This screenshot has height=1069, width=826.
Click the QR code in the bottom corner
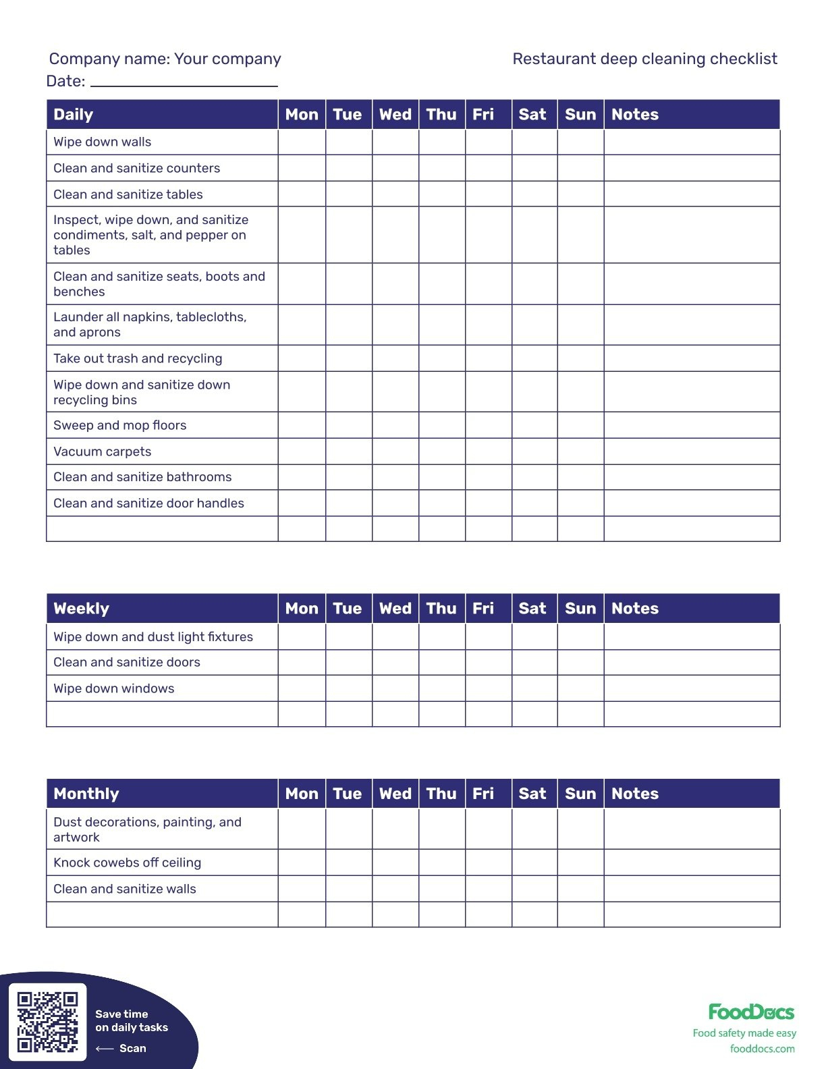click(x=48, y=1021)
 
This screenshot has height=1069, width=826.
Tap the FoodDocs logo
click(x=751, y=1012)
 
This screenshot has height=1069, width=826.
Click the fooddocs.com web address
click(x=762, y=1049)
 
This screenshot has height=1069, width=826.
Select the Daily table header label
click(x=74, y=115)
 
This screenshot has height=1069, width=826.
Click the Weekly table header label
click(x=81, y=609)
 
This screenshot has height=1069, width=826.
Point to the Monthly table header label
click(x=86, y=794)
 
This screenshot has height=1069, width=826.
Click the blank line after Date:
click(x=184, y=82)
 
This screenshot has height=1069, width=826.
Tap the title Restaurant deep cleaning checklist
click(x=644, y=59)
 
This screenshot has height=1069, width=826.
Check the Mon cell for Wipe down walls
click(x=302, y=142)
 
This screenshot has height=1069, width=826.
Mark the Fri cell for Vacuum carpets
click(x=488, y=451)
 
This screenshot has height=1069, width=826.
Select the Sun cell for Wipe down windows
click(x=580, y=688)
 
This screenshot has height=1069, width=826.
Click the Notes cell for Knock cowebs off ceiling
click(x=692, y=862)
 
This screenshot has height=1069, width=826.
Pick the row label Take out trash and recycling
click(x=138, y=358)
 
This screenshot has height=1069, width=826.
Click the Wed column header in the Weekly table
click(x=395, y=609)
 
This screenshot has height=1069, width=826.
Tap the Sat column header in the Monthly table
click(x=532, y=794)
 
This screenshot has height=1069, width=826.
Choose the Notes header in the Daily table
click(x=635, y=115)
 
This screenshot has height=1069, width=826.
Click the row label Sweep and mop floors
click(x=120, y=425)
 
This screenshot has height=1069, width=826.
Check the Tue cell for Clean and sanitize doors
click(x=348, y=662)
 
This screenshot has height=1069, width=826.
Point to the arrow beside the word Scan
click(x=105, y=1049)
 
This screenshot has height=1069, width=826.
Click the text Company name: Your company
click(x=165, y=59)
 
